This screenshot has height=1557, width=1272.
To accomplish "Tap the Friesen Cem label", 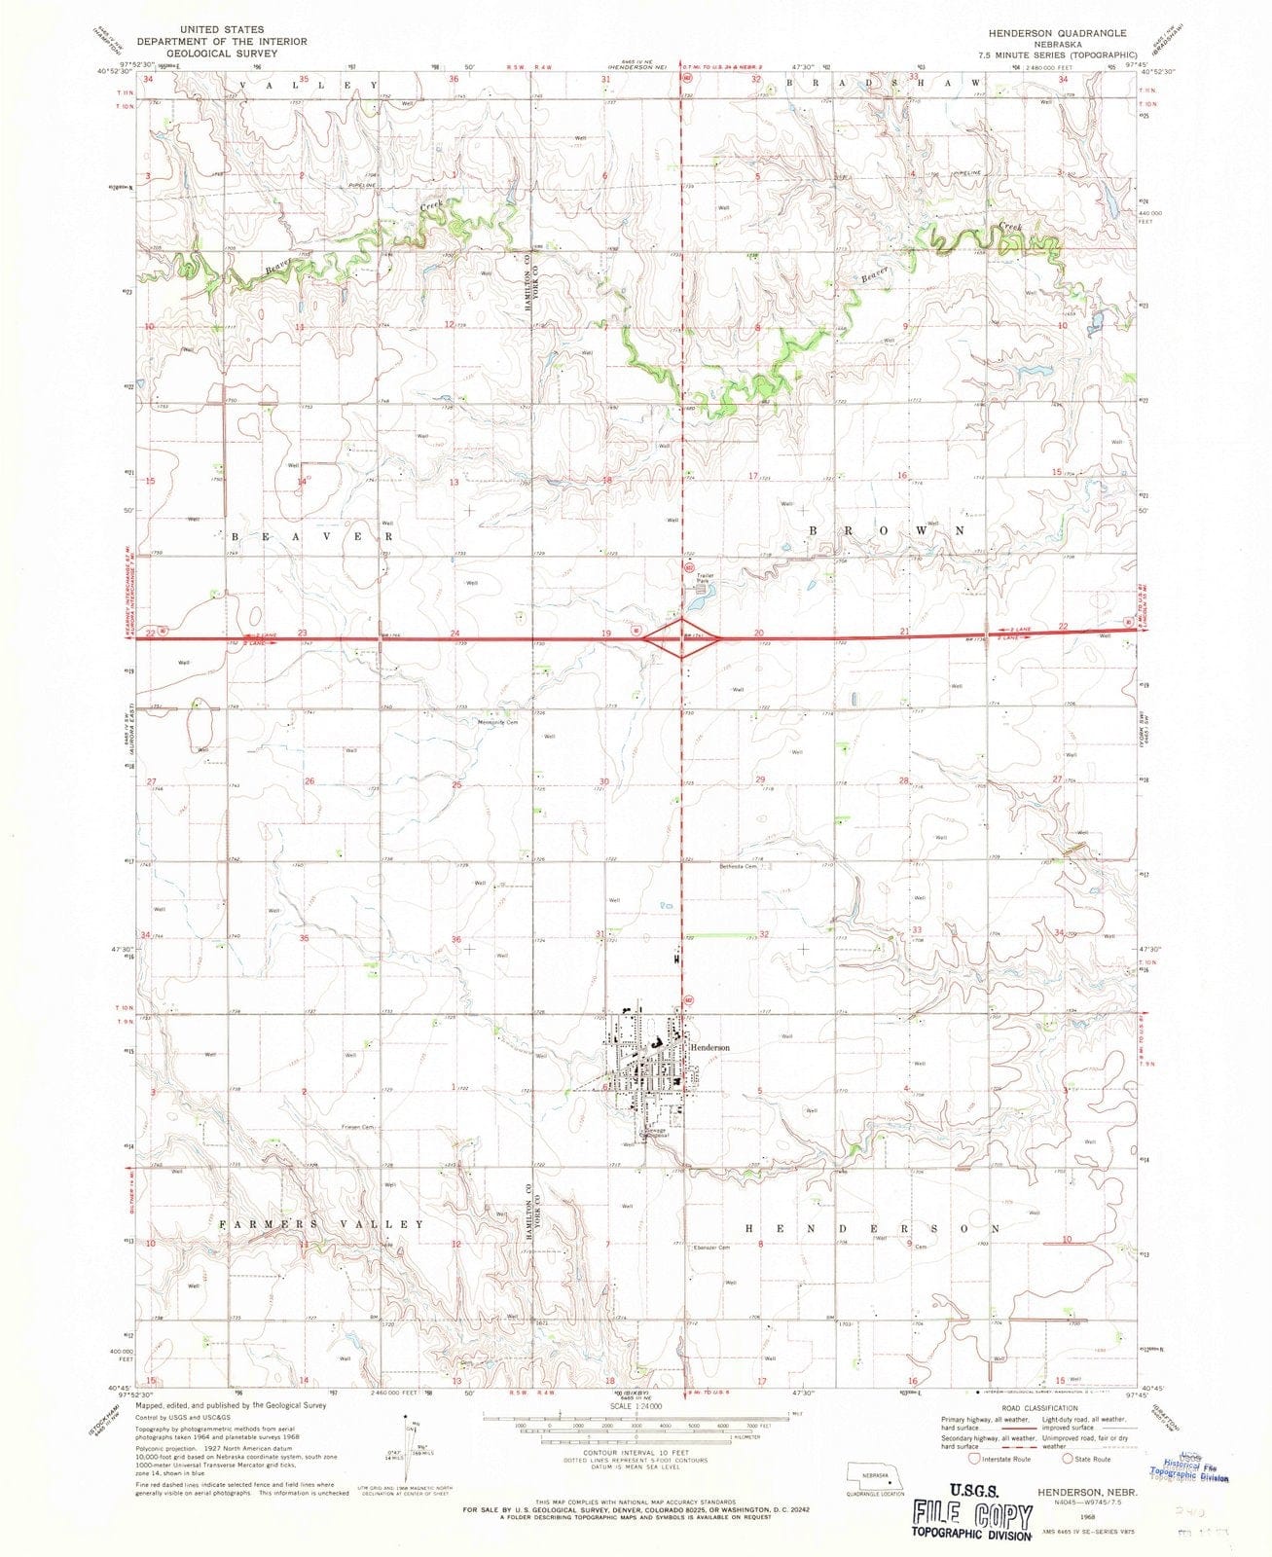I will tap(357, 1128).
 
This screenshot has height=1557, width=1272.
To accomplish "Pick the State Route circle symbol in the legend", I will tap(1069, 1458).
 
